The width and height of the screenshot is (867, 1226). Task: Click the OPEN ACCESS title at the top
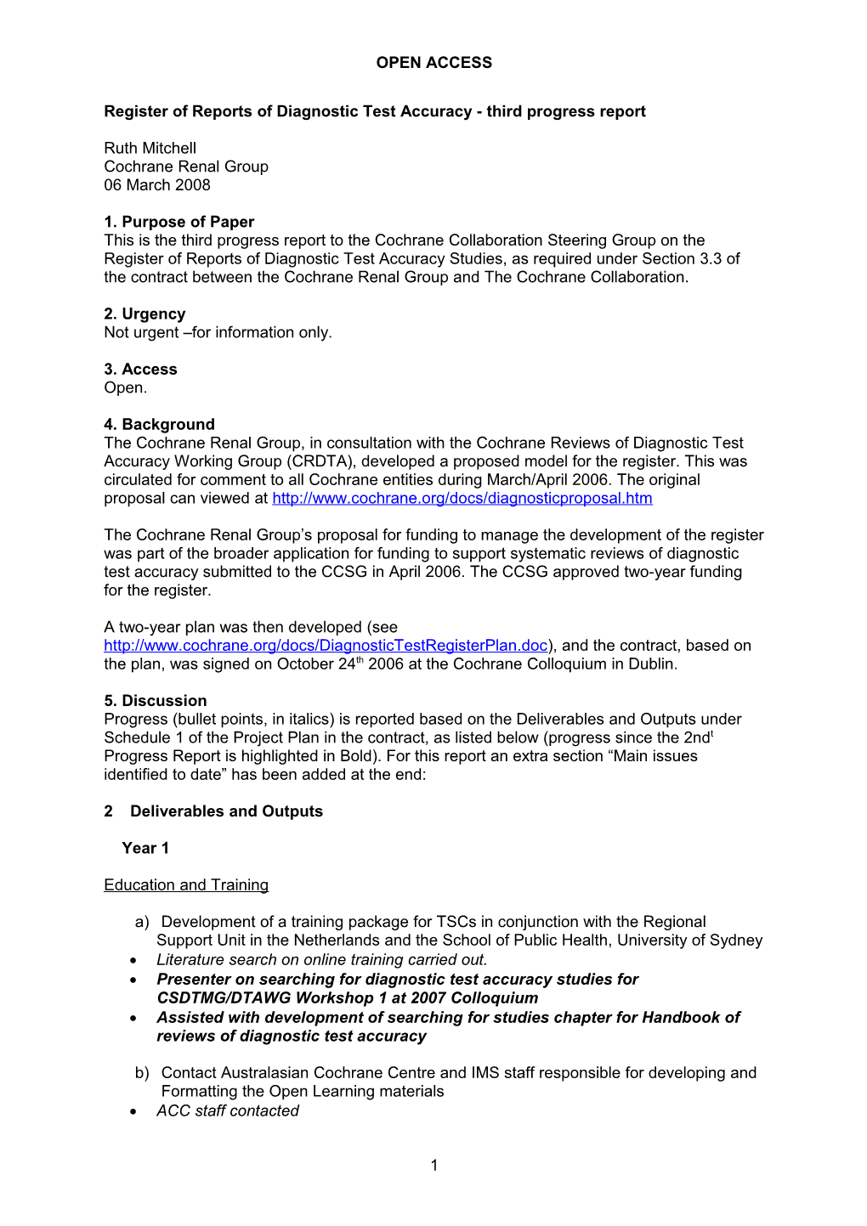pyautogui.click(x=433, y=63)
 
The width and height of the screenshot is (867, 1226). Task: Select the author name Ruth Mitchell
pyautogui.click(x=150, y=148)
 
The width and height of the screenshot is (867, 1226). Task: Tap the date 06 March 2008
pyautogui.click(x=156, y=185)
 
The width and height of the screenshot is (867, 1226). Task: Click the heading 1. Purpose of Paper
pyautogui.click(x=178, y=222)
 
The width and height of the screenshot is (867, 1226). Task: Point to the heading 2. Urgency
pyautogui.click(x=144, y=314)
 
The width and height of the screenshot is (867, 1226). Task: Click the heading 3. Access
pyautogui.click(x=140, y=370)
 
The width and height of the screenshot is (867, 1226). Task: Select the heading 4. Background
pyautogui.click(x=159, y=425)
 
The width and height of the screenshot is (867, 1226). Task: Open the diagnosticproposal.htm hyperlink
pyautogui.click(x=462, y=499)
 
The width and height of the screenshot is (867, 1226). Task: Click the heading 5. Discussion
pyautogui.click(x=155, y=701)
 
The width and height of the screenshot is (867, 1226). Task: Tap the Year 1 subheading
pyautogui.click(x=145, y=848)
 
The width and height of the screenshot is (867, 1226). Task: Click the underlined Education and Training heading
pyautogui.click(x=186, y=885)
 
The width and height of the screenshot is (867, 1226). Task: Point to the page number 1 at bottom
pyautogui.click(x=434, y=1166)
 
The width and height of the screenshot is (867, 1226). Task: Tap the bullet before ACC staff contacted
pyautogui.click(x=134, y=1111)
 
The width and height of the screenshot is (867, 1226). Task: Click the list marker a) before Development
pyautogui.click(x=142, y=922)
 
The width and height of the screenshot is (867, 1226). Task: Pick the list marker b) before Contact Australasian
pyautogui.click(x=142, y=1073)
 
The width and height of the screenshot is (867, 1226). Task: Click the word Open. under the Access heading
pyautogui.click(x=126, y=388)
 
